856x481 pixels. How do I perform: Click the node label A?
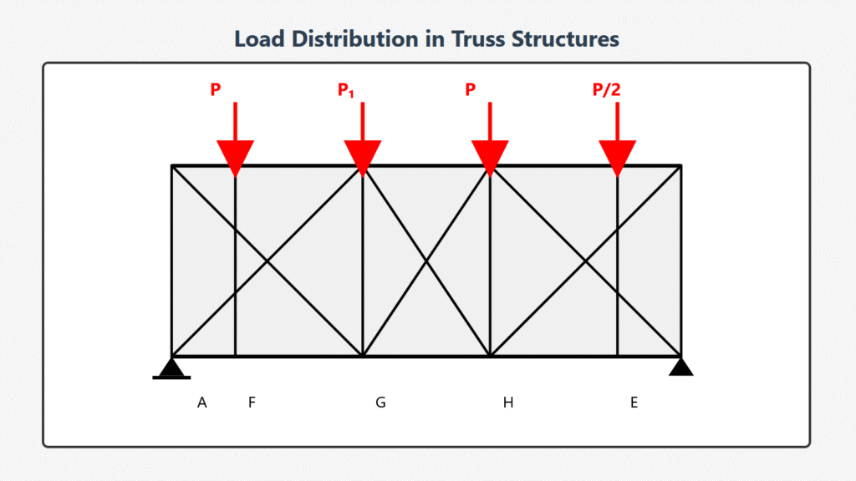202,403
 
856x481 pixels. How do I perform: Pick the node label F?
252,403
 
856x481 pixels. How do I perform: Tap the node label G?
380,403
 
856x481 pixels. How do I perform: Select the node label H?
507,403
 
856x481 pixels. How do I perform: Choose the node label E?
634,403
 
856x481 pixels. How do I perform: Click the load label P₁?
346,90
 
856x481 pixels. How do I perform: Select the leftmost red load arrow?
235,138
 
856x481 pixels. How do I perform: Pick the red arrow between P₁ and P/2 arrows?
490,138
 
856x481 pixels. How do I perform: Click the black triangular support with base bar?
172,368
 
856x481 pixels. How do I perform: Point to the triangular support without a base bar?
681,367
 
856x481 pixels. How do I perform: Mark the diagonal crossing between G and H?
426,261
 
